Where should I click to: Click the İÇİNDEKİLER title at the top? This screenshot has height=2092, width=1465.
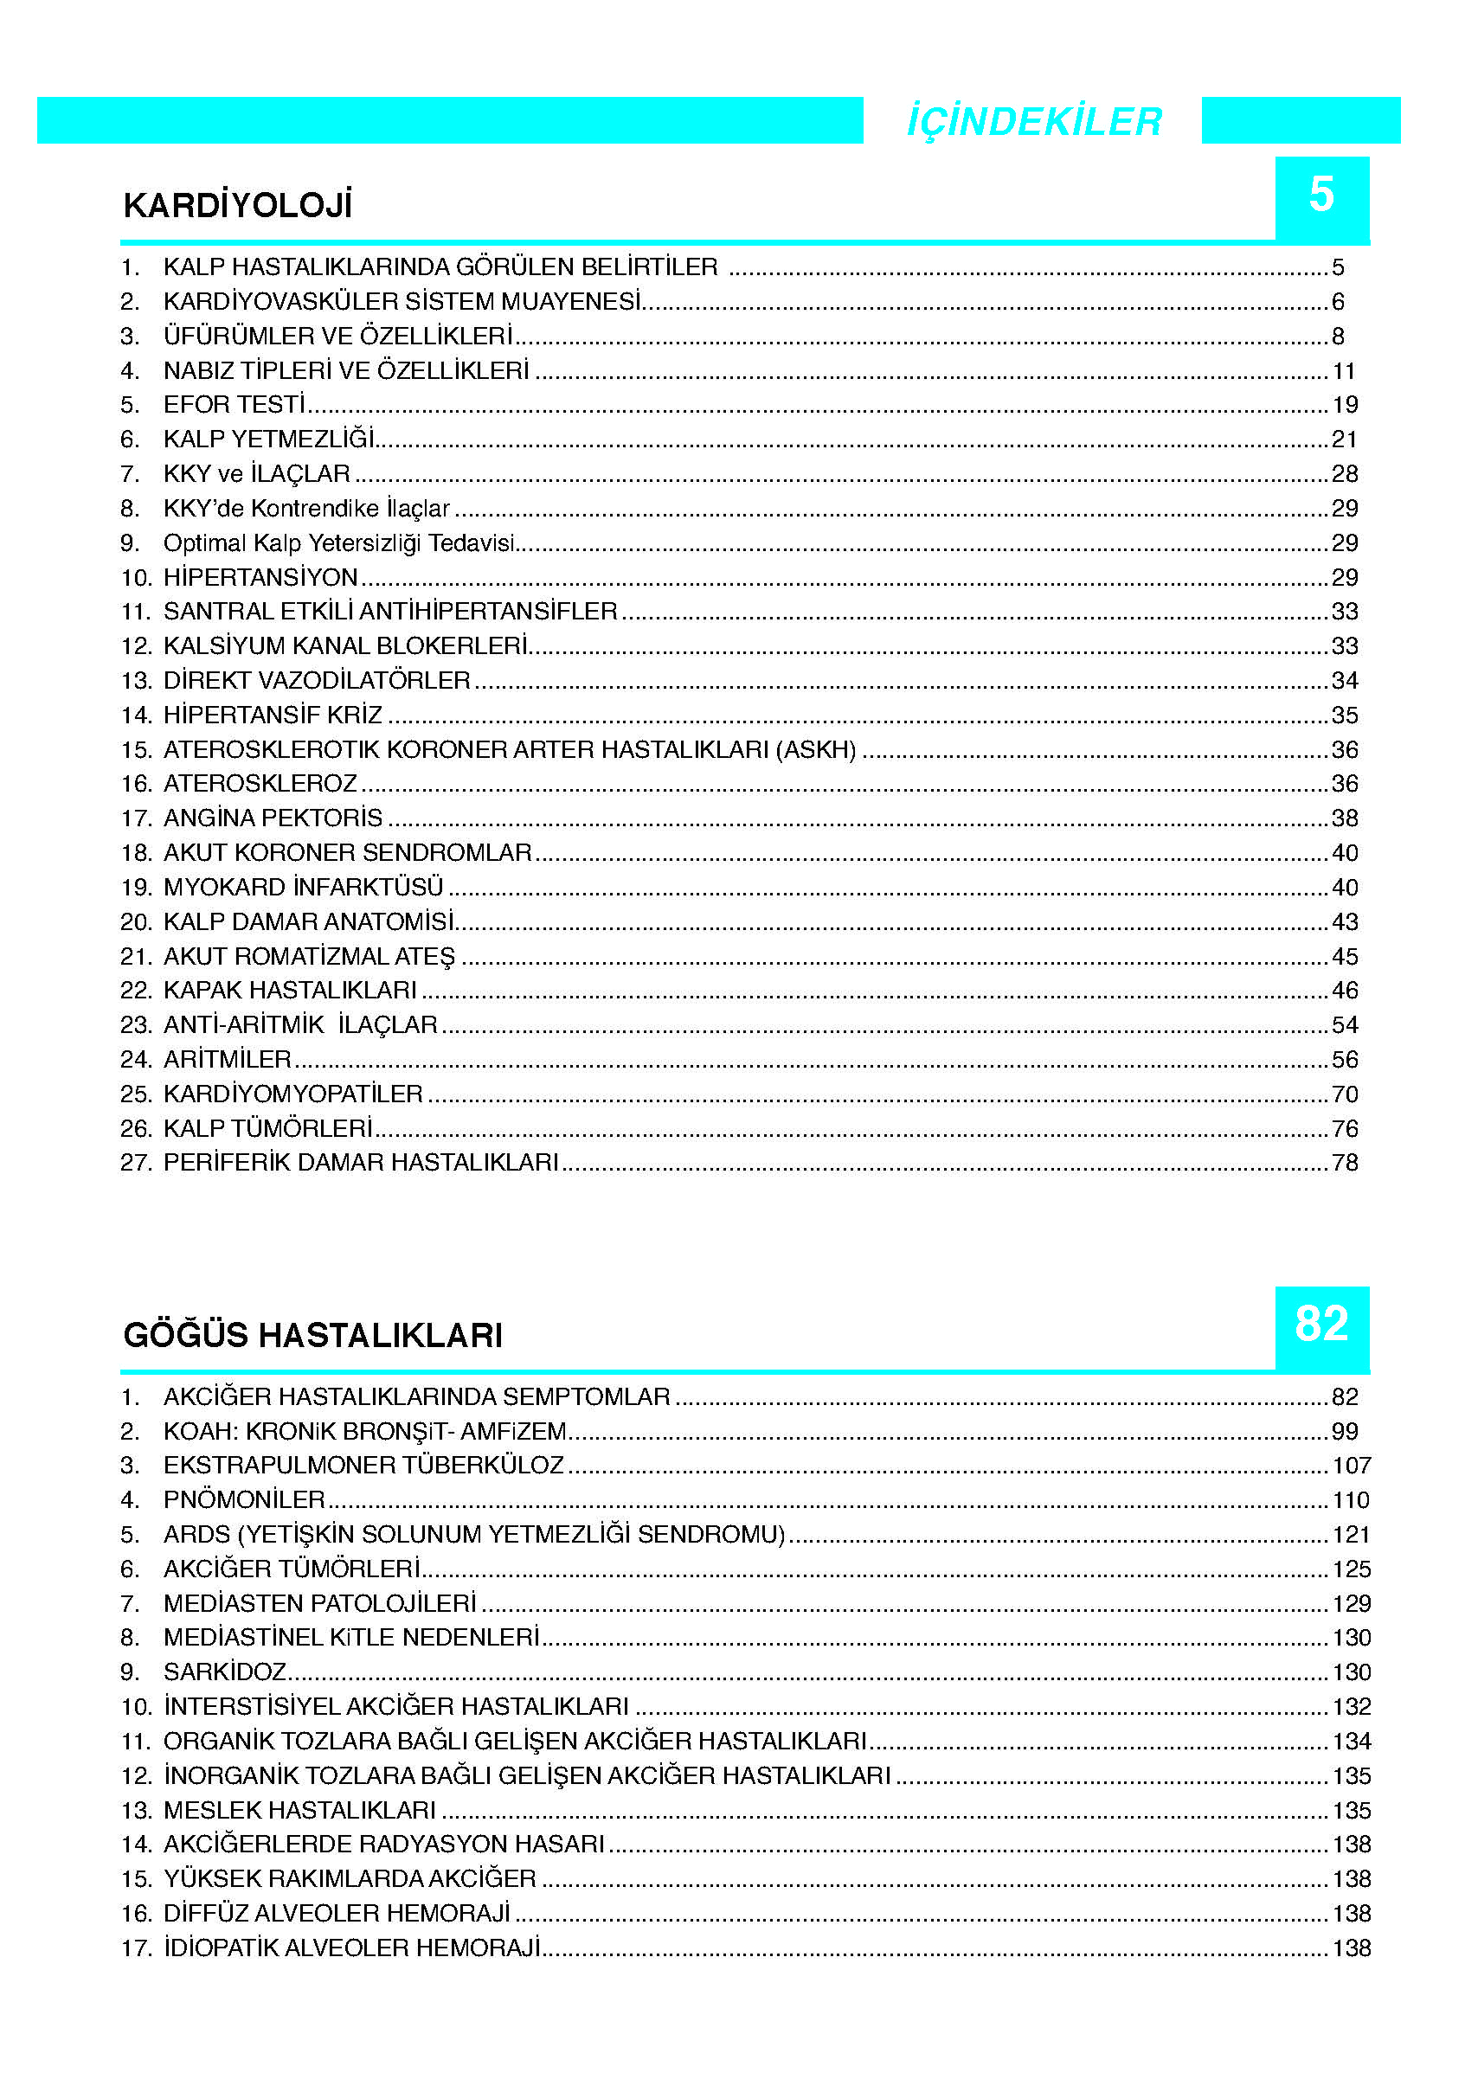[1033, 121]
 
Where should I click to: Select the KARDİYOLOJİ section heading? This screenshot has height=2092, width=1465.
[238, 205]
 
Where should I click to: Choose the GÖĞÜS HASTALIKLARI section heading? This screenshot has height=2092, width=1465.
[312, 1335]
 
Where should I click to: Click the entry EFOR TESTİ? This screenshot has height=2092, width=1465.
[235, 405]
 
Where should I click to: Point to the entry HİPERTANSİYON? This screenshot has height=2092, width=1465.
[260, 578]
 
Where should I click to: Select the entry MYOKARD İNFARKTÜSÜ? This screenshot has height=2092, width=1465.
[303, 887]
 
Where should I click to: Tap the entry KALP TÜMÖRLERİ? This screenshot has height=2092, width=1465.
[268, 1128]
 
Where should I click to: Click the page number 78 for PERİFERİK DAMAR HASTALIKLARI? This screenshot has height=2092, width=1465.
[1345, 1163]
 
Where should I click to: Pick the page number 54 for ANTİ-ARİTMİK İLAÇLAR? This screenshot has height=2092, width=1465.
[1345, 1025]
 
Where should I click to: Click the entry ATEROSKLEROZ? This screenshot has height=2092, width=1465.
[260, 784]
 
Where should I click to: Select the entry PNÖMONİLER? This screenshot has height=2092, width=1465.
[244, 1499]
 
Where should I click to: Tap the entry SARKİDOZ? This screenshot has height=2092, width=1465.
[225, 1672]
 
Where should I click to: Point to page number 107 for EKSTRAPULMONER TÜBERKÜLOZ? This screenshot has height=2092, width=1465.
[1351, 1465]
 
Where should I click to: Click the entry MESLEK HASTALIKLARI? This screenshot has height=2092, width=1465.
[299, 1810]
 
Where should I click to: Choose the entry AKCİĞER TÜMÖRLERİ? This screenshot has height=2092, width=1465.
[292, 1569]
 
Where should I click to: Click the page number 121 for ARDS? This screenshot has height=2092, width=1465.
[1351, 1534]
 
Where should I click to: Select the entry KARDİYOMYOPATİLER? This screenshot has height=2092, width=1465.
[292, 1094]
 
